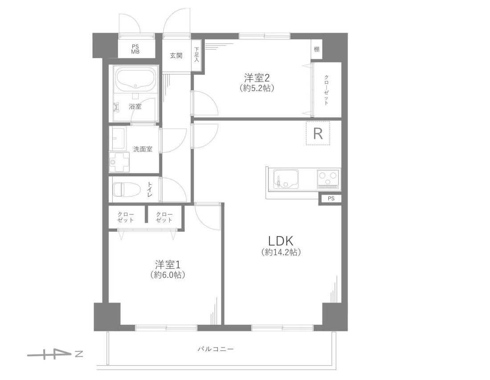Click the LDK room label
click(281, 241)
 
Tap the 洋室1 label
click(168, 265)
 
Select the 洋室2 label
click(257, 77)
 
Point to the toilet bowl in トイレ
click(126, 189)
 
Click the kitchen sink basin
click(286, 179)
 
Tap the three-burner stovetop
click(328, 179)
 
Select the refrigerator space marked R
click(318, 134)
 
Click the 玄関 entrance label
click(176, 56)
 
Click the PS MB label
click(135, 49)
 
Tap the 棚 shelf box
click(317, 49)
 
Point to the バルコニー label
click(215, 349)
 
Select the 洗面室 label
click(143, 149)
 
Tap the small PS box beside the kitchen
click(331, 198)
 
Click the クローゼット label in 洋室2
click(326, 90)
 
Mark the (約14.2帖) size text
click(281, 252)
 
